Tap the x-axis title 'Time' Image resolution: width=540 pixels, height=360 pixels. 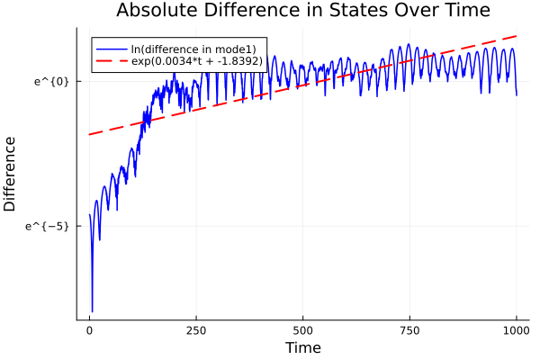tap(302, 347)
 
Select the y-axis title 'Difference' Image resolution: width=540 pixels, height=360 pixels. tap(11, 174)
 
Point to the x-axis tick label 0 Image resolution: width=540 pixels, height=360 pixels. tap(89, 330)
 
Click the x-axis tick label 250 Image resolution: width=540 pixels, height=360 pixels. tap(196, 330)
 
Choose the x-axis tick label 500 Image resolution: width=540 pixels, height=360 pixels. tap(303, 330)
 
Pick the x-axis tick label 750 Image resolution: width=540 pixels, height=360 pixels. tap(409, 330)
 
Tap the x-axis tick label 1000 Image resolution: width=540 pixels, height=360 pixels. tap(517, 330)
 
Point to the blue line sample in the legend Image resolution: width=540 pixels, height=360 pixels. tap(111, 48)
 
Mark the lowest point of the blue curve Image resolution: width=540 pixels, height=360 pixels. tap(92, 311)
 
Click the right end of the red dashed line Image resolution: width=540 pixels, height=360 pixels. tap(517, 36)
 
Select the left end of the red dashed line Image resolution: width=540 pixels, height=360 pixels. tap(89, 135)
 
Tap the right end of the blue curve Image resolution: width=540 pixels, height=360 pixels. tap(517, 94)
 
